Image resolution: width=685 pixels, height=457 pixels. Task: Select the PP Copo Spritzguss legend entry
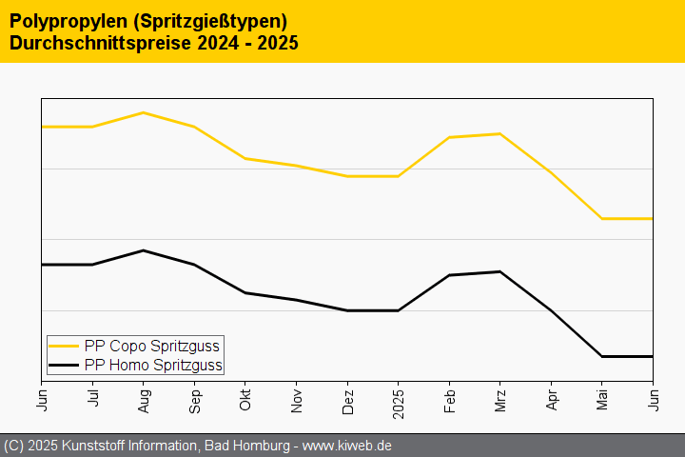[x=151, y=346]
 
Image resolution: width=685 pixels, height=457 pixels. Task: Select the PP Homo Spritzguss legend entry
[x=153, y=365]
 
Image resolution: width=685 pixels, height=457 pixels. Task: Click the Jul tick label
[x=93, y=396]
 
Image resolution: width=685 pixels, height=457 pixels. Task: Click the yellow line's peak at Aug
[x=144, y=112]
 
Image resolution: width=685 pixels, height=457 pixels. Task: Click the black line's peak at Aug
[x=144, y=250]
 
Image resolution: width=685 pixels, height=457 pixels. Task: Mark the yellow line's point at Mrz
[x=500, y=133]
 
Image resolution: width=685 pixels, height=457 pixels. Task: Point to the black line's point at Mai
[x=602, y=356]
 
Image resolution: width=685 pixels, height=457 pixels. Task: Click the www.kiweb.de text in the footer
[x=347, y=446]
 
